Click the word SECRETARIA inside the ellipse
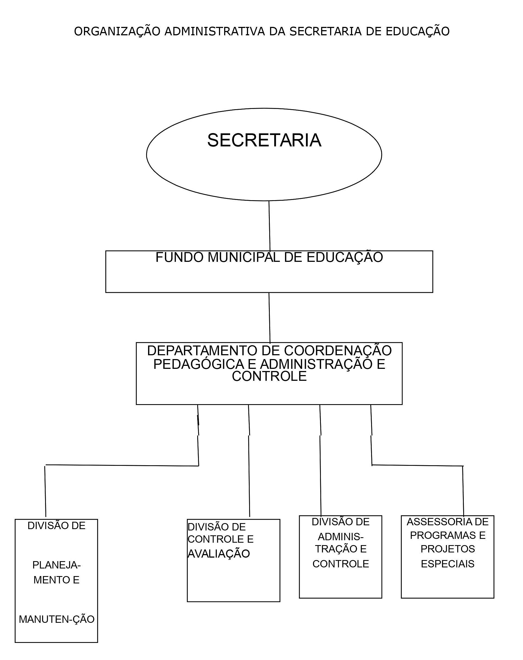264,140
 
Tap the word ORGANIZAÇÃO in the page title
117,31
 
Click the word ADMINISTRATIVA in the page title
215,31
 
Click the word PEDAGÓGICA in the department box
198,364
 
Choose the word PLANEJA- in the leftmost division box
57,565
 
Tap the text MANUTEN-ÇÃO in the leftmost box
57,619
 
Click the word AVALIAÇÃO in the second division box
219,554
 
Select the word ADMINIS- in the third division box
340,537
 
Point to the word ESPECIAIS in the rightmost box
448,564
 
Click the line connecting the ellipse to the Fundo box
270,226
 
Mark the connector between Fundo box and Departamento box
270,318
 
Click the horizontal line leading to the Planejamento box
122,465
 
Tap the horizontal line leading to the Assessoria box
417,465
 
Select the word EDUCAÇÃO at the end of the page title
417,31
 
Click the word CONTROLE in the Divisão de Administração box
340,564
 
